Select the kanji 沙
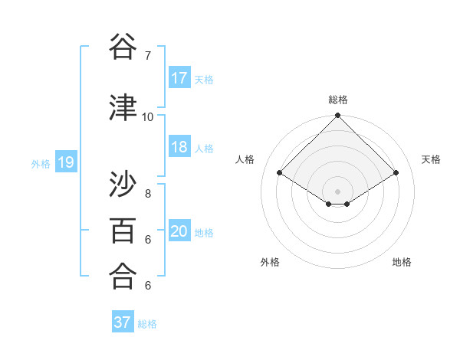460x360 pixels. (x=123, y=185)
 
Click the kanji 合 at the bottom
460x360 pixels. (x=123, y=275)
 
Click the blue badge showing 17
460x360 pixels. (x=179, y=78)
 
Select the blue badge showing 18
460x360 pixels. (x=179, y=147)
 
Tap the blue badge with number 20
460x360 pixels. (x=179, y=231)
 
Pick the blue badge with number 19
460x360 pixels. (x=65, y=162)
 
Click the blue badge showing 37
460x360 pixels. (x=123, y=322)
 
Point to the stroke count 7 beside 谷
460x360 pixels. (x=148, y=56)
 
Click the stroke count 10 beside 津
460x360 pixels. (x=148, y=116)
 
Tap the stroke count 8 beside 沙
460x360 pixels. (x=148, y=195)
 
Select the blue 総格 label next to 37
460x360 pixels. (x=147, y=324)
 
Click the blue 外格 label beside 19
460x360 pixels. (x=41, y=163)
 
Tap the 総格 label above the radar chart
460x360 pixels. (x=337, y=100)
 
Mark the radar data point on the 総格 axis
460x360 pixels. (x=337, y=116)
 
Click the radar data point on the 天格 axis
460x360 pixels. (x=396, y=173)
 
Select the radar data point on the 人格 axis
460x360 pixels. (x=280, y=173)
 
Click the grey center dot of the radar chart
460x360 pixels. (x=337, y=190)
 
